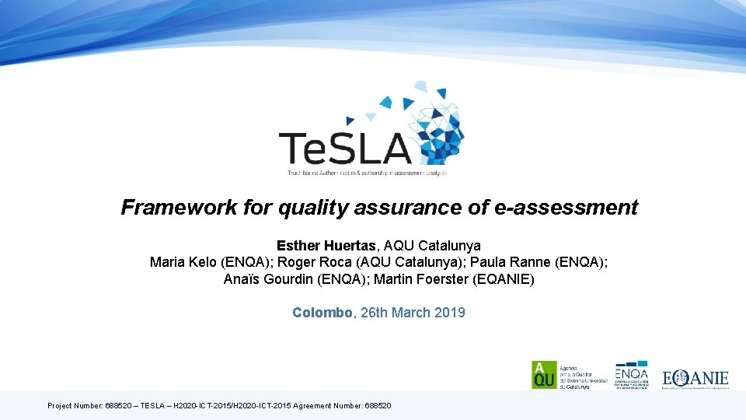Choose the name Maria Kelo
click(x=183, y=262)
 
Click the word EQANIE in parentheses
click(x=504, y=278)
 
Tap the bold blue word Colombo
click(x=322, y=313)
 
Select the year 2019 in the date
click(x=450, y=313)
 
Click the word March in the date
click(x=412, y=313)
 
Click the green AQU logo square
click(x=543, y=375)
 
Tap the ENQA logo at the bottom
click(x=631, y=375)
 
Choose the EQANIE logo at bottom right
click(x=695, y=379)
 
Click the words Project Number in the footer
click(x=75, y=406)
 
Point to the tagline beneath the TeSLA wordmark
click(x=367, y=171)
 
